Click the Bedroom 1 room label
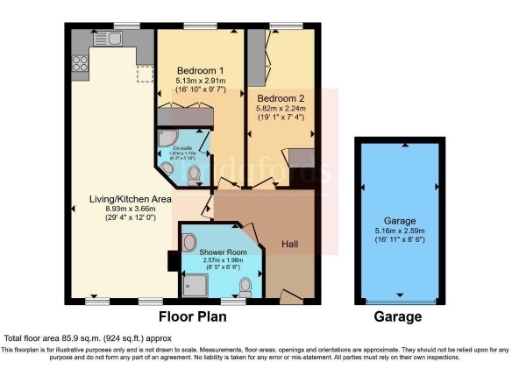200,69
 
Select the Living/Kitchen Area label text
116,199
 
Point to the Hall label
290,243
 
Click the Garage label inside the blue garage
400,220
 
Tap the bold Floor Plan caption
193,316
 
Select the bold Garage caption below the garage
400,316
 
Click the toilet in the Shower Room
245,287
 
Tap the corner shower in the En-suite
167,140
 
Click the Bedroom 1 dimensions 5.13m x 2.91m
200,79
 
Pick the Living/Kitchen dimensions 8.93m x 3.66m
116,210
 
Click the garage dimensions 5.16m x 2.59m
400,230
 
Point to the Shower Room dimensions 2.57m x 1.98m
219,261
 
